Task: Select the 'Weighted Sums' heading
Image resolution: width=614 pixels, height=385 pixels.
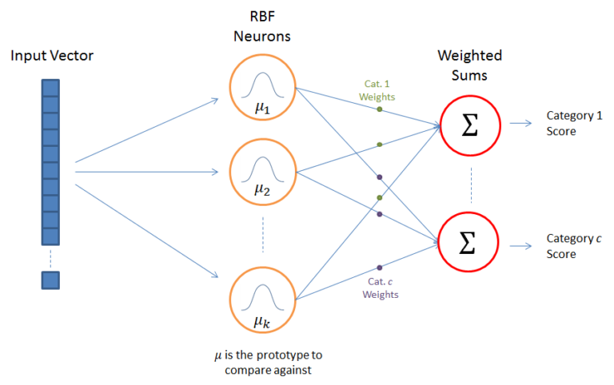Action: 470,65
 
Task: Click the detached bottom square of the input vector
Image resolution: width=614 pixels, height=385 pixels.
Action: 50,280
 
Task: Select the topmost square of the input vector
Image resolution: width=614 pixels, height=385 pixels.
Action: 50,86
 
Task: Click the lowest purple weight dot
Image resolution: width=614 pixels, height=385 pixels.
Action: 379,268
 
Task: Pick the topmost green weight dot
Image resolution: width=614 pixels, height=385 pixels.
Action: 380,109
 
